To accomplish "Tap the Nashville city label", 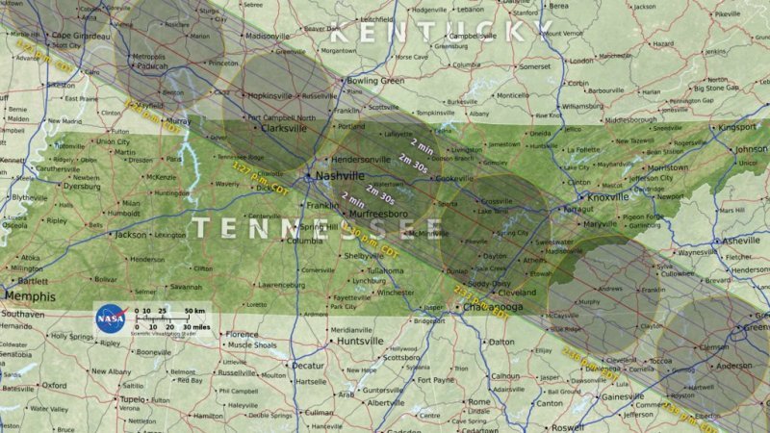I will pos(338,176).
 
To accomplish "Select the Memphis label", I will pos(30,295).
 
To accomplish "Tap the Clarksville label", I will pos(283,127).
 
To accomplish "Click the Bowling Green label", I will pos(377,81).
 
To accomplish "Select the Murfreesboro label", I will pos(374,213).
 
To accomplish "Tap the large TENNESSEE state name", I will pos(318,228).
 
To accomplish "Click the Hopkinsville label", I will pos(273,96).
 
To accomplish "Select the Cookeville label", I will pos(454,178).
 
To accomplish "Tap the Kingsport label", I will pos(737,126).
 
